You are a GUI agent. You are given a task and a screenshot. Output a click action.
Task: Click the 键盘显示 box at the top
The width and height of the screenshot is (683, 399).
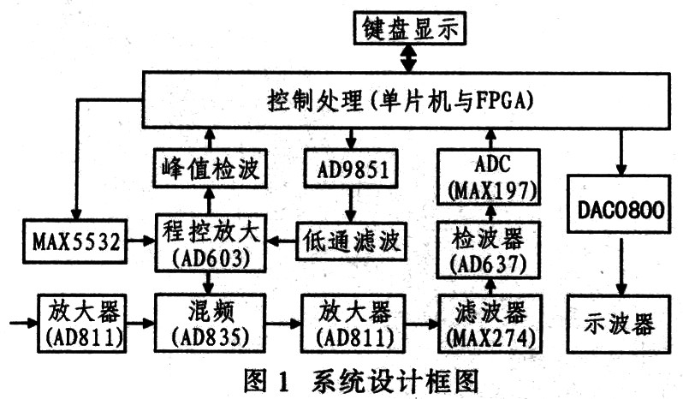click(x=409, y=28)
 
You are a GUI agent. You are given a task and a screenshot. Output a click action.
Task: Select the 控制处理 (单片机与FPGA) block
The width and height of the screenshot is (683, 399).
click(x=406, y=100)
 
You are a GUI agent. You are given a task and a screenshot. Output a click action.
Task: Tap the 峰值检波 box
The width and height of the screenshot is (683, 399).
click(x=210, y=169)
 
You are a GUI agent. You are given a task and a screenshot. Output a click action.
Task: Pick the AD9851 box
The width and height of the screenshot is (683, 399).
click(x=351, y=169)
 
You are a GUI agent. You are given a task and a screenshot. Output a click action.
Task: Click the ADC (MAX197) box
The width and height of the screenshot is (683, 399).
click(x=489, y=177)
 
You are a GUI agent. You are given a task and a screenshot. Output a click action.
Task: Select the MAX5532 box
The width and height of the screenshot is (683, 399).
click(x=75, y=241)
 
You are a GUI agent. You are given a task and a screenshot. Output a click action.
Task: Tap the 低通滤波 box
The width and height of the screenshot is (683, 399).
click(x=351, y=241)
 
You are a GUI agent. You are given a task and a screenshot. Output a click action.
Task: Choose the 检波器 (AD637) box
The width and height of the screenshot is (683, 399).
click(x=489, y=250)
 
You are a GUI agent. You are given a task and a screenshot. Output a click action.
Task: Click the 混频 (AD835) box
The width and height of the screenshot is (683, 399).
click(x=210, y=323)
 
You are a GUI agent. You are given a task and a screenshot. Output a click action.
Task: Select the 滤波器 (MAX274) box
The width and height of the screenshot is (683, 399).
click(x=490, y=324)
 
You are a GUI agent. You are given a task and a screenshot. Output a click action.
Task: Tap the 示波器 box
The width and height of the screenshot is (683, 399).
click(x=619, y=324)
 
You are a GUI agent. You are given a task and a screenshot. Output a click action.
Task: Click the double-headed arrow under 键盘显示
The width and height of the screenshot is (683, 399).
click(x=408, y=58)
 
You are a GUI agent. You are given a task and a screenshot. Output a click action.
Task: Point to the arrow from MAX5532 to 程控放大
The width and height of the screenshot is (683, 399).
click(x=141, y=240)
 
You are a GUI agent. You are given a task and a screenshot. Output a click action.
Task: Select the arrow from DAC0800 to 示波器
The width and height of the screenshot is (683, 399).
click(x=621, y=266)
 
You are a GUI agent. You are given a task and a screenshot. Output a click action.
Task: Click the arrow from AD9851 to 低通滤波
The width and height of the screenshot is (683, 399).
click(x=351, y=205)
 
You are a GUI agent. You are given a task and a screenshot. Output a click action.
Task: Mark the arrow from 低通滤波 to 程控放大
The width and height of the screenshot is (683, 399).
click(x=281, y=241)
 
